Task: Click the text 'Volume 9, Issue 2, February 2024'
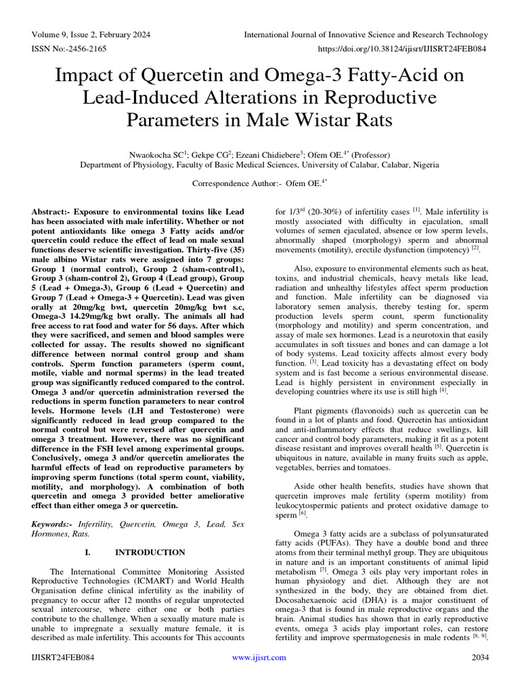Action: click(x=91, y=35)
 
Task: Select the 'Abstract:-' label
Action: click(x=54, y=212)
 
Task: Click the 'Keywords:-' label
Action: click(x=53, y=524)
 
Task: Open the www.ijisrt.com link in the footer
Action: click(x=260, y=657)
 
